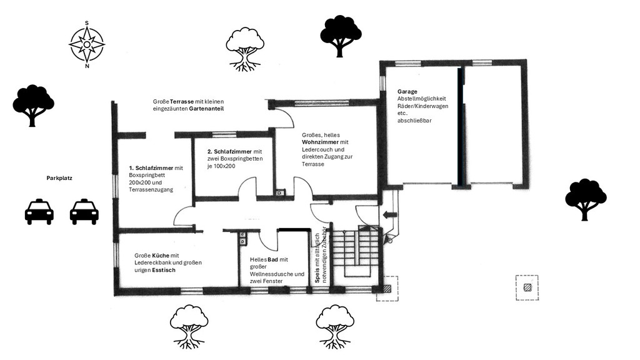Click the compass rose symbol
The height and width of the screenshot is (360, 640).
(87, 44)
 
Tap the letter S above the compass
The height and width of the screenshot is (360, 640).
(87, 23)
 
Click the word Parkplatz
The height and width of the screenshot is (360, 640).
(59, 178)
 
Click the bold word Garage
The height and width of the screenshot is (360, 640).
(407, 92)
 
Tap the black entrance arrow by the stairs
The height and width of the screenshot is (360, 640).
(391, 215)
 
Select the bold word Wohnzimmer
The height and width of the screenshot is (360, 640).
(321, 142)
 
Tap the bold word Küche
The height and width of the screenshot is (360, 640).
(161, 256)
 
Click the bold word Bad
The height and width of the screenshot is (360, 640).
(272, 259)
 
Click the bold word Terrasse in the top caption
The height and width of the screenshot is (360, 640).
(182, 102)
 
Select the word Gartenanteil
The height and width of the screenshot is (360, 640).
(206, 109)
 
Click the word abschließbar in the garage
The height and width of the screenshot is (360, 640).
(414, 121)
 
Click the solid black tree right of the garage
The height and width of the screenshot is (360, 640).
(586, 199)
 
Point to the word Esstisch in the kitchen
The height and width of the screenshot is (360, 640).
(164, 270)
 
